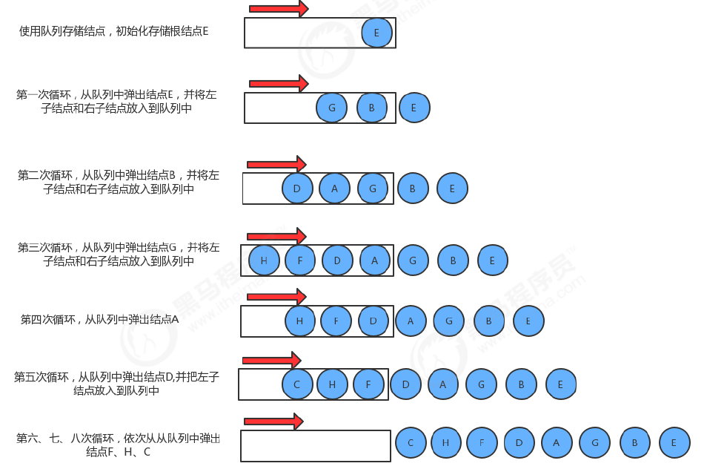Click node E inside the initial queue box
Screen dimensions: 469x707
coord(376,33)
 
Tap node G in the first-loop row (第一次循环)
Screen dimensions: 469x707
coord(331,108)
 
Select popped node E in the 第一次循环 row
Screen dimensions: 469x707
coord(414,108)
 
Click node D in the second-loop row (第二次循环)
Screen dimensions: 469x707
coord(297,188)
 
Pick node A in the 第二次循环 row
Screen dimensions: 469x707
coord(334,188)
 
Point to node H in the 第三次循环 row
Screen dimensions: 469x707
coord(264,260)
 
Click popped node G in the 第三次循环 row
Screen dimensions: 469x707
coord(413,260)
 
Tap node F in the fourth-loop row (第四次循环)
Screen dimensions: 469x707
coord(336,321)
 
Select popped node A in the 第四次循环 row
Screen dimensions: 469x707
coord(411,321)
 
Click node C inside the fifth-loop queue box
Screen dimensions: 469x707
coord(297,384)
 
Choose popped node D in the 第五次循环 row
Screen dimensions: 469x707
coord(405,384)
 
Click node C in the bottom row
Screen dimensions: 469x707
coord(411,443)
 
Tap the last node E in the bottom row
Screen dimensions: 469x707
coord(674,443)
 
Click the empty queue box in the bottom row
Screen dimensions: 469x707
coord(316,446)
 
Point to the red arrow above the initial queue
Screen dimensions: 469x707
coord(278,9)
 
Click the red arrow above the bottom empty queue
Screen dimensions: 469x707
coord(273,422)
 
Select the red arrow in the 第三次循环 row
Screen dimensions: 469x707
coord(276,236)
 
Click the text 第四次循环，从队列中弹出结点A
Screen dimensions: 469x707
coord(100,320)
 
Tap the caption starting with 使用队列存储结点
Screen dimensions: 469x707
coord(114,31)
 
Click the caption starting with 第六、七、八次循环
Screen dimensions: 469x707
coord(118,445)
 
